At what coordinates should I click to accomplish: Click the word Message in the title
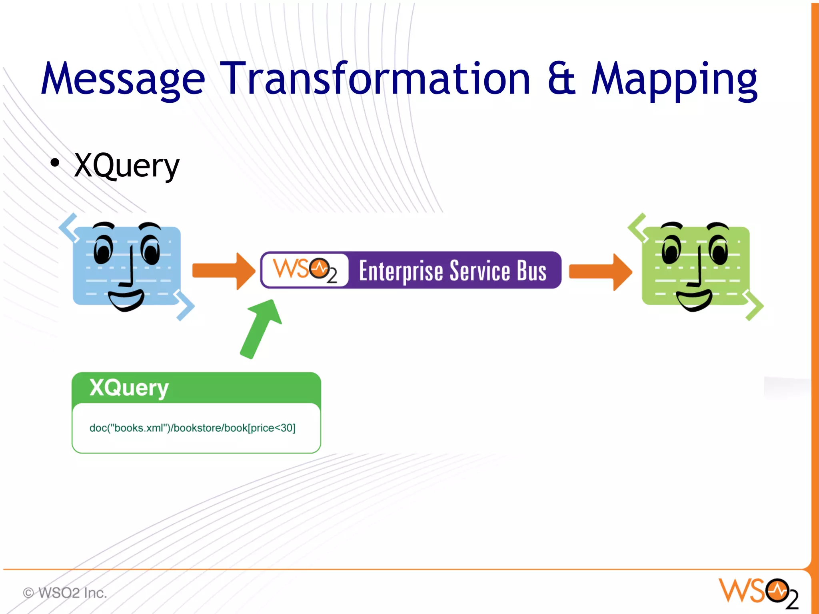click(x=123, y=79)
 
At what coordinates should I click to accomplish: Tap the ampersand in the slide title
click(x=561, y=79)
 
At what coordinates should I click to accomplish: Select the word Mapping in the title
click(x=674, y=80)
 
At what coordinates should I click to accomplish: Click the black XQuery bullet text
click(x=127, y=166)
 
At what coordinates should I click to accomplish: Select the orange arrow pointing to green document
click(x=600, y=272)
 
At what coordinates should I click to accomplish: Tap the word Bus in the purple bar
click(x=531, y=271)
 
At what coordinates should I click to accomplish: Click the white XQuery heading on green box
click(x=129, y=387)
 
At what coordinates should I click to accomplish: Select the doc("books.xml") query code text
click(x=192, y=428)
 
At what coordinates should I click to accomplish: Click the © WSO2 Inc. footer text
click(x=65, y=593)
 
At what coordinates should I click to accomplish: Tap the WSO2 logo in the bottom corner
click(x=758, y=592)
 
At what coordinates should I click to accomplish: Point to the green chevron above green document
click(x=637, y=227)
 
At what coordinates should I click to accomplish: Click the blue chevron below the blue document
click(x=185, y=306)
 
